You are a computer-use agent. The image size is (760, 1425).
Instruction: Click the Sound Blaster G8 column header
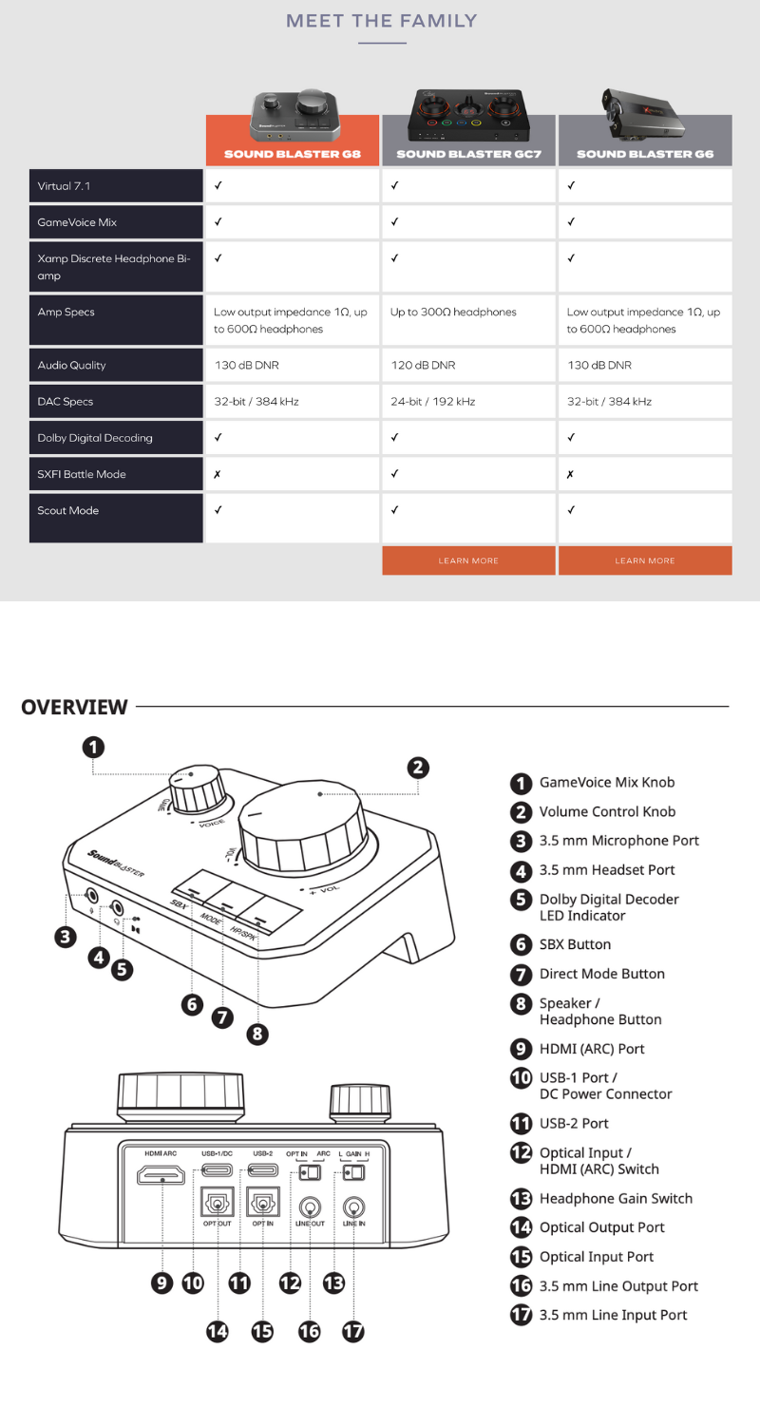tap(292, 153)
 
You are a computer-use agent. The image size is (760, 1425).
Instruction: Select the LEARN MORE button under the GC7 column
tap(468, 560)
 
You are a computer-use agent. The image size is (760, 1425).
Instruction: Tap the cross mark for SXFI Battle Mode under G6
tap(570, 474)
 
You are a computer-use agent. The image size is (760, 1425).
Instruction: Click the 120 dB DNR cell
tap(423, 366)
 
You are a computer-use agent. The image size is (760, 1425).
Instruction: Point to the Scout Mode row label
tap(66, 511)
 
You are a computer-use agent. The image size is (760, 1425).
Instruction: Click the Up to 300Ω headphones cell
tap(453, 313)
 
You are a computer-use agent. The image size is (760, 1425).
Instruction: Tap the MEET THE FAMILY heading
tap(381, 21)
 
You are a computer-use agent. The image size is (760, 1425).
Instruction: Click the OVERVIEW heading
tap(74, 707)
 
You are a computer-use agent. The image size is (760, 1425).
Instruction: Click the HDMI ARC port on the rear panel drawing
tap(161, 1178)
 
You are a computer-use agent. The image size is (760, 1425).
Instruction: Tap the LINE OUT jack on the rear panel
tap(310, 1207)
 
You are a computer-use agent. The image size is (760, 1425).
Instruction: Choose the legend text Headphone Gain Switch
tap(616, 1199)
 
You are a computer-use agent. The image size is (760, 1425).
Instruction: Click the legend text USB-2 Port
tap(574, 1124)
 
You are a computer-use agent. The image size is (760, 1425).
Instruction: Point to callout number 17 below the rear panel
tap(352, 1331)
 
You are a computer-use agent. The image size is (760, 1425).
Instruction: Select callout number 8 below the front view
tap(257, 1034)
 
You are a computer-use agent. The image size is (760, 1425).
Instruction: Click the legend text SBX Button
tap(575, 945)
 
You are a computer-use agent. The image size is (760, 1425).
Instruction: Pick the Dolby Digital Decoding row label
tap(95, 438)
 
